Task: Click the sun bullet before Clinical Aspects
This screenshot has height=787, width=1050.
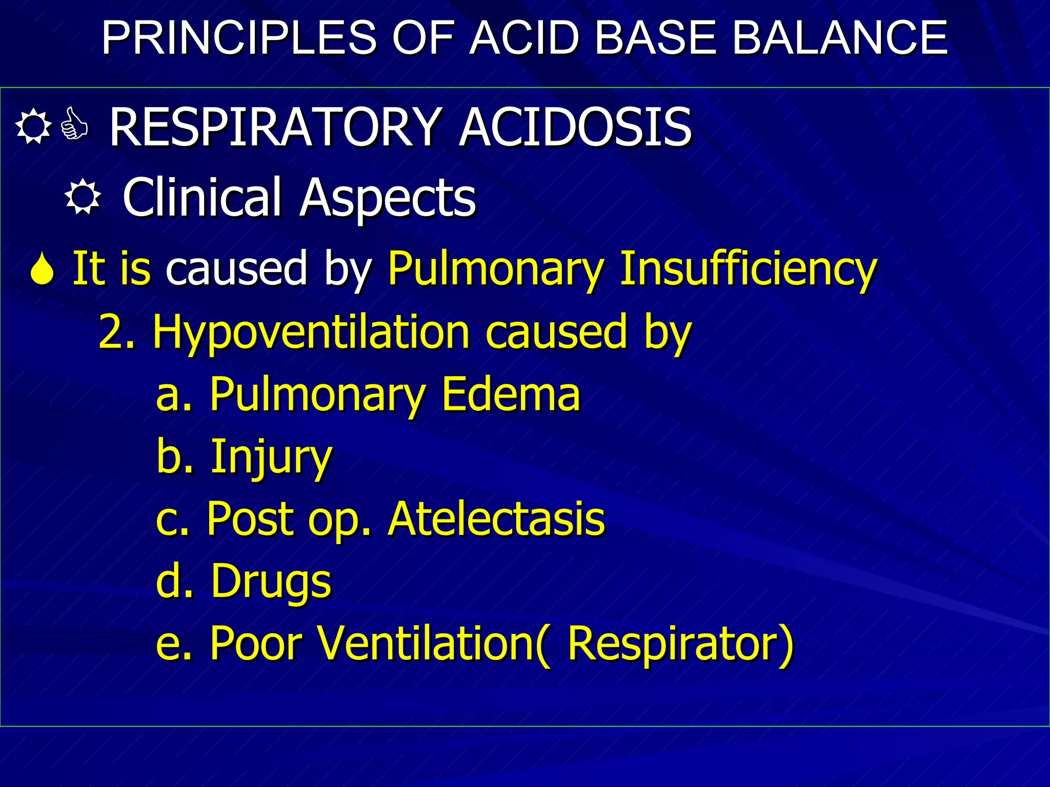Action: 83,198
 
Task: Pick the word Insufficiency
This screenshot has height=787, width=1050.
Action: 748,269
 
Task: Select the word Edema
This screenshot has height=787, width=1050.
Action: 511,394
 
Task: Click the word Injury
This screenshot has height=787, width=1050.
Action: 272,457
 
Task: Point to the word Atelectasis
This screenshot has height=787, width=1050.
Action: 496,519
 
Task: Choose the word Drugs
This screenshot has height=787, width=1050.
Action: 271,582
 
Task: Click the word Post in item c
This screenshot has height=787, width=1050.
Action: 251,519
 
